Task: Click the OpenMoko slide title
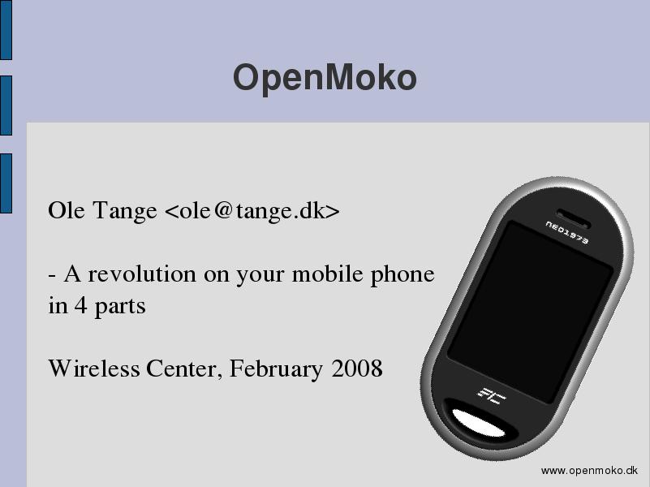point(325,78)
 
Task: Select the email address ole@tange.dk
point(252,210)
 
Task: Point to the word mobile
point(328,274)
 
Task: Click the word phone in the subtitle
point(402,275)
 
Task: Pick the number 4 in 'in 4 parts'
point(81,306)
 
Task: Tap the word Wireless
point(94,368)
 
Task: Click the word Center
point(181,368)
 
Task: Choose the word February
point(276,368)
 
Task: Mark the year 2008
point(357,368)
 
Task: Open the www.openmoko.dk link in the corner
point(589,471)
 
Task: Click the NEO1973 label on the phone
point(566,232)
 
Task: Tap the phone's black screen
point(531,312)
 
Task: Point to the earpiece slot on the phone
point(573,219)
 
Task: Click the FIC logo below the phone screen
point(492,396)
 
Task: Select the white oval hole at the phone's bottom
point(479,423)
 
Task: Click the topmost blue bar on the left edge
point(6,30)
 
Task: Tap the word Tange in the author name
point(124,210)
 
